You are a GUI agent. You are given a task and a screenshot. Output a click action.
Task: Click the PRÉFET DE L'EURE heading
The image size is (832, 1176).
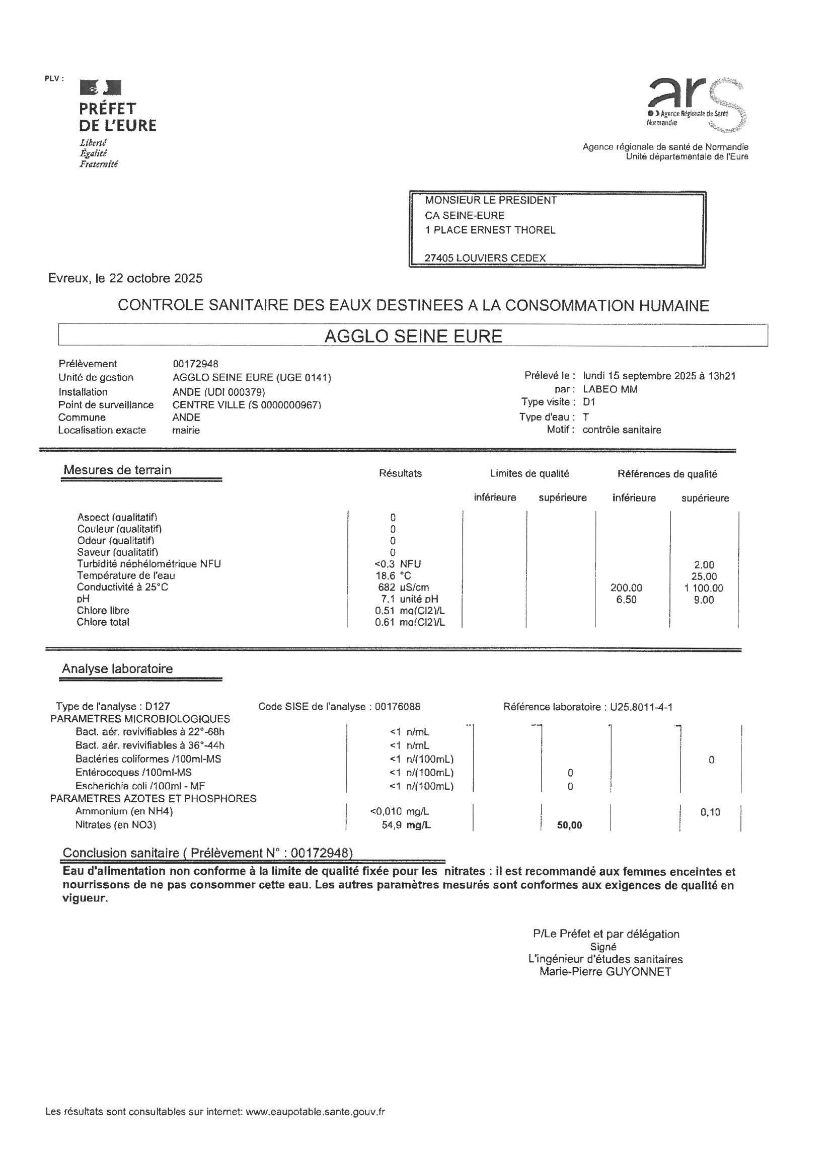tap(117, 117)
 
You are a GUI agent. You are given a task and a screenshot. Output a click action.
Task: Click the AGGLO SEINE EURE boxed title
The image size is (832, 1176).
tap(413, 336)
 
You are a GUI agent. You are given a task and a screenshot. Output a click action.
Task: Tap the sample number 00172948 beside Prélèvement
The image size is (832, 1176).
tap(195, 364)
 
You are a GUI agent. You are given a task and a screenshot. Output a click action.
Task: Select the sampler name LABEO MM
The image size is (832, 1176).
tap(610, 389)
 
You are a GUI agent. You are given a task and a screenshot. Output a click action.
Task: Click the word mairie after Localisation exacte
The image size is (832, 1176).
tap(186, 430)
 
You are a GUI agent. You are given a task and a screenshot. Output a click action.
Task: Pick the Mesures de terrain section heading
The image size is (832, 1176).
tap(117, 470)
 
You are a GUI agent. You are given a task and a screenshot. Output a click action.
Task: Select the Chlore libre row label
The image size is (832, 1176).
tap(103, 611)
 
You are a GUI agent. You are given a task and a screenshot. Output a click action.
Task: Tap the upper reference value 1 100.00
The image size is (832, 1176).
tap(704, 588)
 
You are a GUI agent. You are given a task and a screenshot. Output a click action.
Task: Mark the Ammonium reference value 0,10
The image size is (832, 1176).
tap(710, 812)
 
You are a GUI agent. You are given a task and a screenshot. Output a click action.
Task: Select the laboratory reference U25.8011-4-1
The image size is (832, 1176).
tap(641, 707)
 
